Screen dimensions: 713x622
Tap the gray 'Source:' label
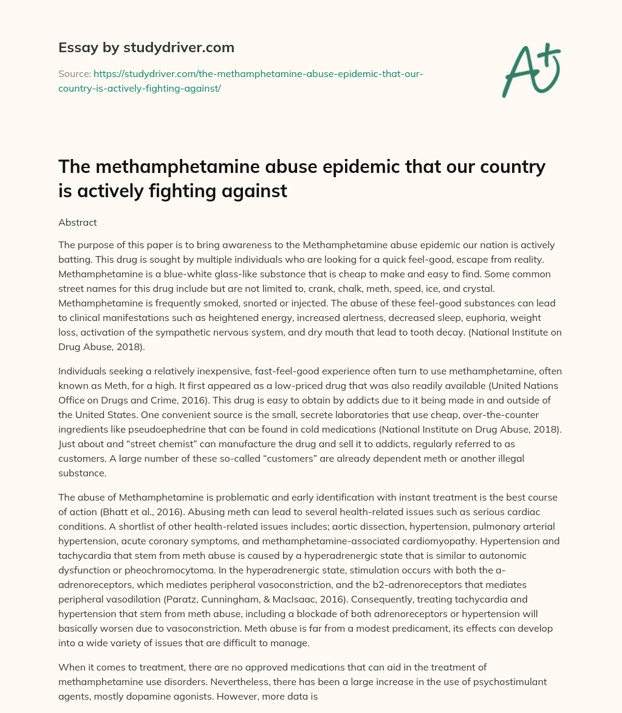(74, 73)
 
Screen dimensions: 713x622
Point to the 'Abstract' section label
(78, 222)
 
